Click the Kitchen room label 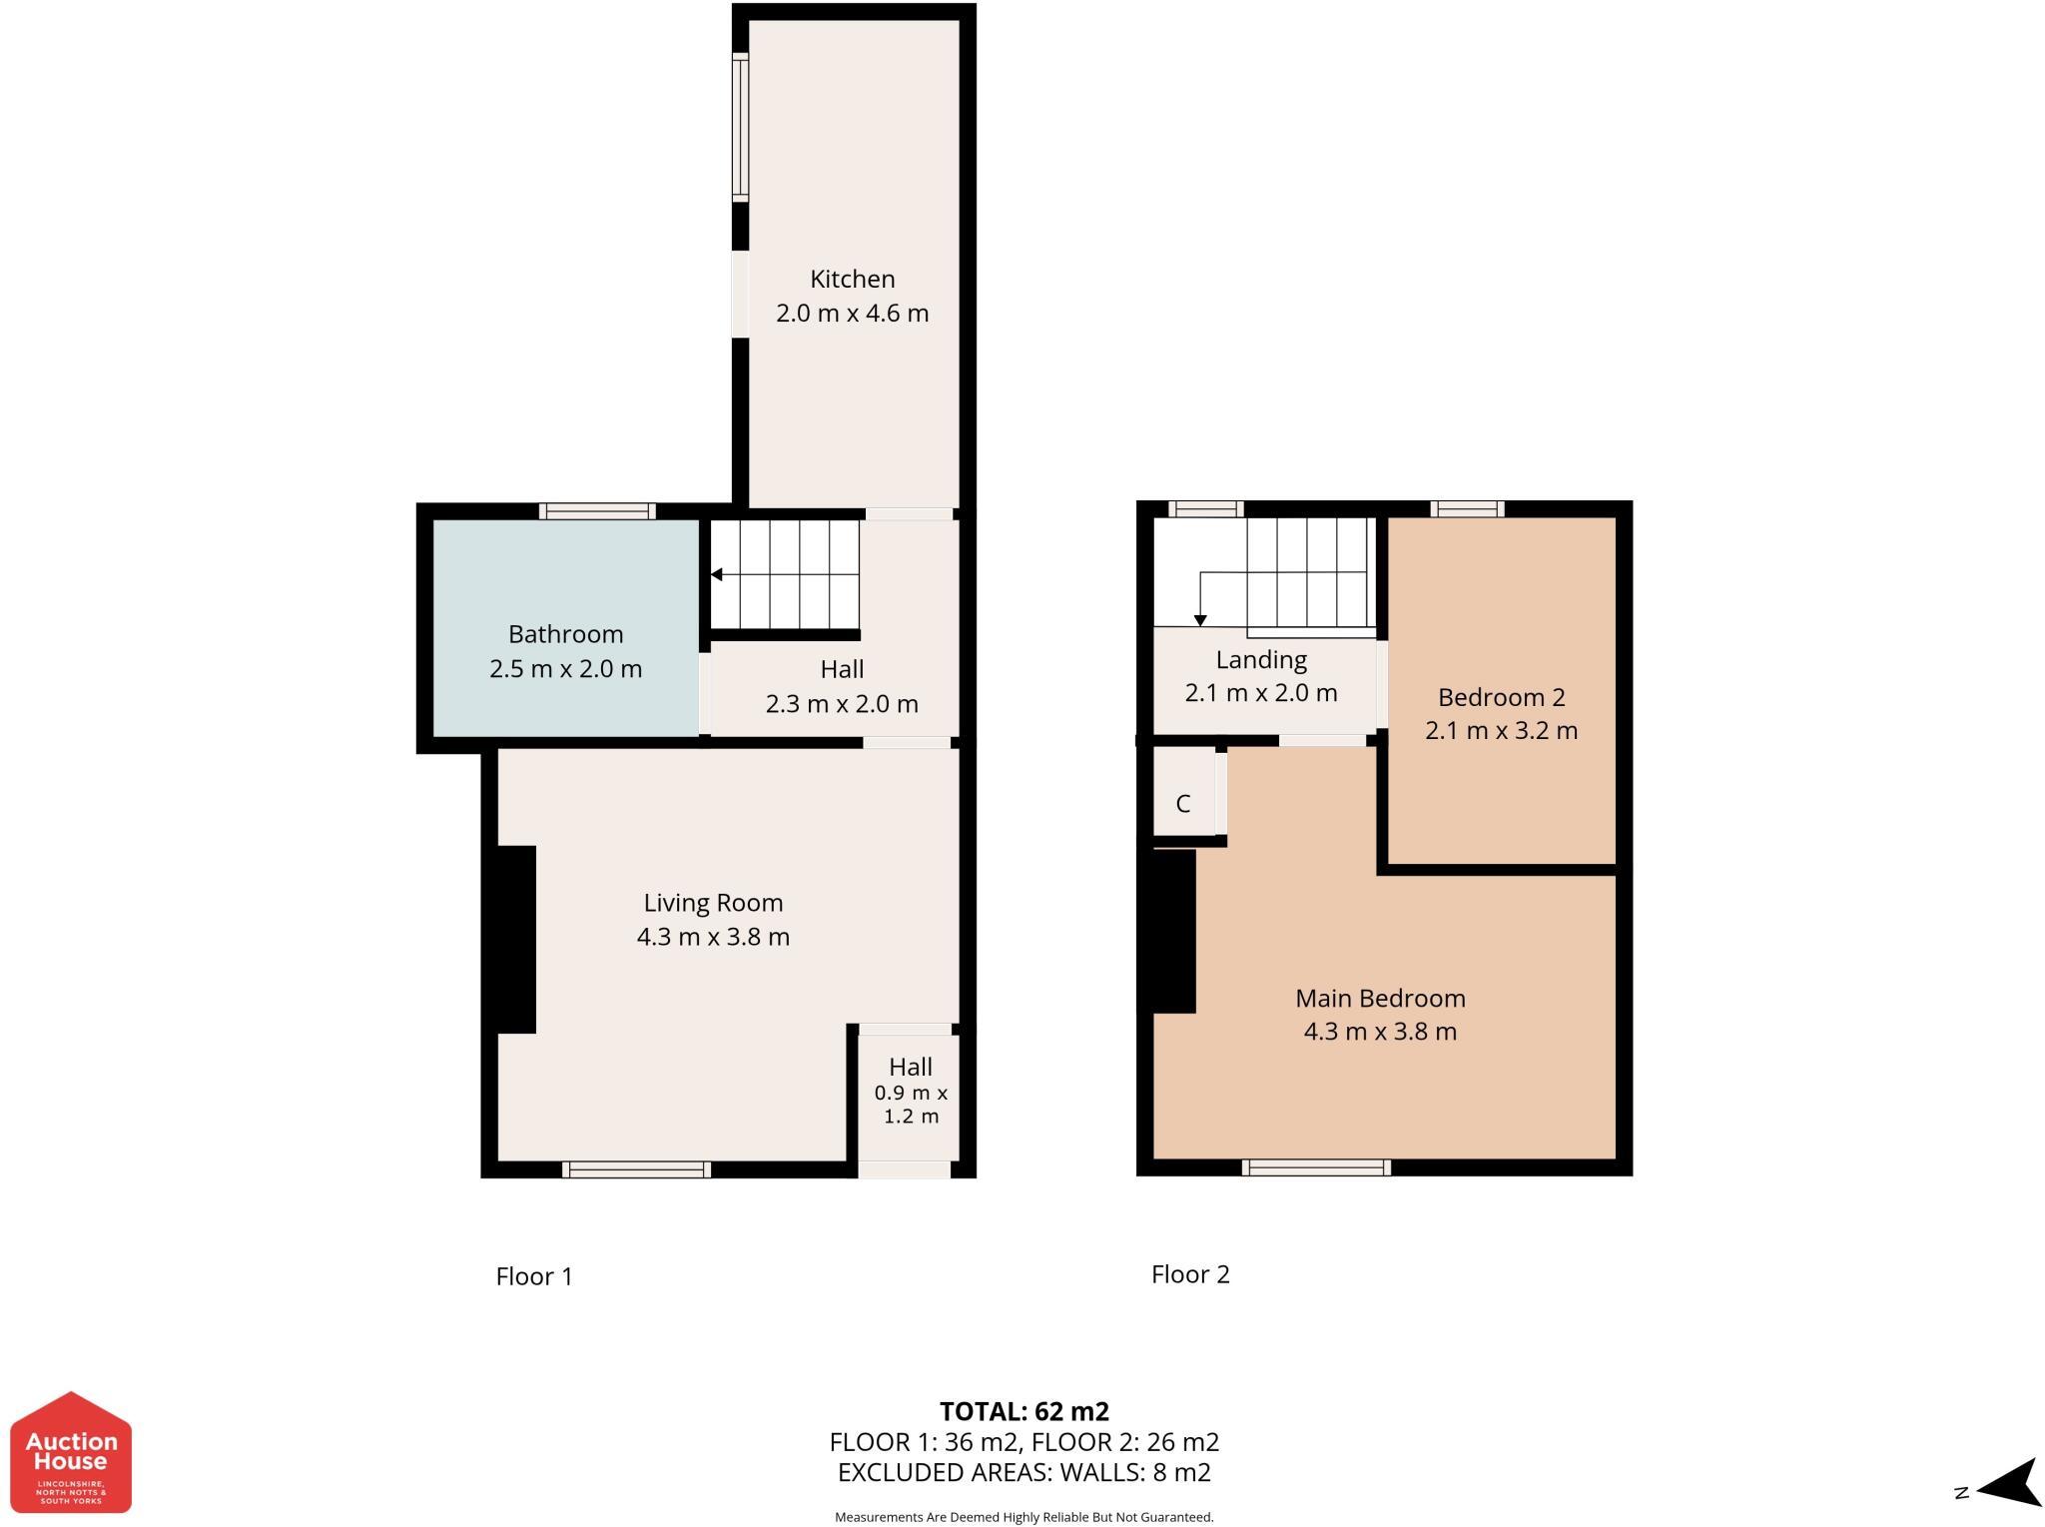852,279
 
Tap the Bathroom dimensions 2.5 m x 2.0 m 565,669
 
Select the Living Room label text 713,903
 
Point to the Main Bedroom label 1380,998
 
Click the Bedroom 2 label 1501,697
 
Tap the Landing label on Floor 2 1261,660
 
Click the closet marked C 1183,803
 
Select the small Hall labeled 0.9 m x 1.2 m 910,1091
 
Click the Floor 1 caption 534,1276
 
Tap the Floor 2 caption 1190,1274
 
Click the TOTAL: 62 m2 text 1023,1411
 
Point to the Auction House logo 71,1452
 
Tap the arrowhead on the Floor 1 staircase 716,574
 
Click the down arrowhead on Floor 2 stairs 1200,620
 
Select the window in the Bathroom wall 597,511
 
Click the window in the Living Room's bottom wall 636,1169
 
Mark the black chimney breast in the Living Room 515,939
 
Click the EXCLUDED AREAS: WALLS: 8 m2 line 1023,1472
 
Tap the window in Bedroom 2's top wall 1466,509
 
